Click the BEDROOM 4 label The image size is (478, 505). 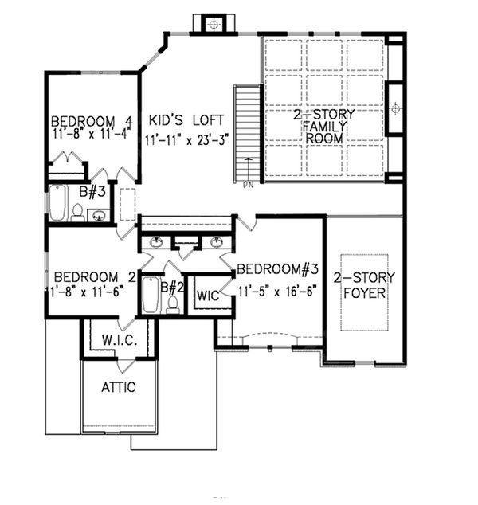(x=84, y=122)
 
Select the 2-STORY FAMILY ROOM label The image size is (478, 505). (x=323, y=127)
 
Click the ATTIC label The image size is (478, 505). (x=118, y=387)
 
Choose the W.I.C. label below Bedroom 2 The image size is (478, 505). (x=120, y=341)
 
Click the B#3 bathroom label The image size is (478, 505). (x=99, y=191)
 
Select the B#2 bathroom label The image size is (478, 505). (x=169, y=287)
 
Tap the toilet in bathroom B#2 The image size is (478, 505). (x=173, y=303)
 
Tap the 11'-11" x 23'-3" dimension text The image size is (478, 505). (x=188, y=139)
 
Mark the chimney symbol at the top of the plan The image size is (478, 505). (x=213, y=25)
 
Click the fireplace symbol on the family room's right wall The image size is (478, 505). (x=396, y=107)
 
